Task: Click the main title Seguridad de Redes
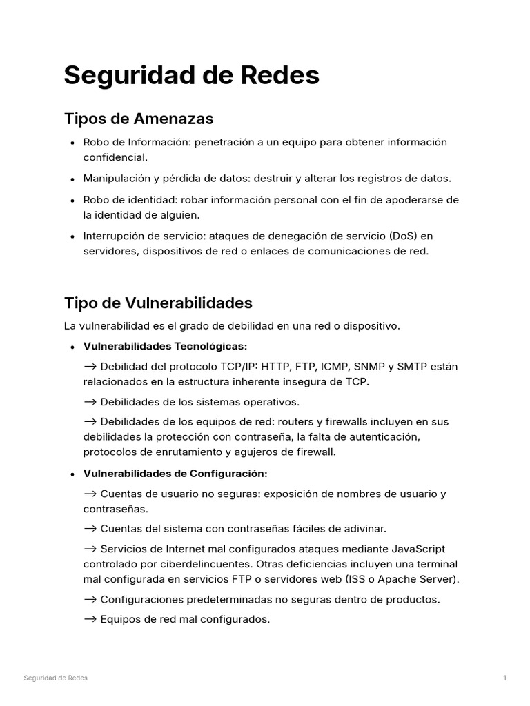191,76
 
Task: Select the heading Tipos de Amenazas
139,119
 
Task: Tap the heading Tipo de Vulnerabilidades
158,303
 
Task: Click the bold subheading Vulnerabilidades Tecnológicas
164,345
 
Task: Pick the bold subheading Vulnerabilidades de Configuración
175,474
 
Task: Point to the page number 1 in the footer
505,678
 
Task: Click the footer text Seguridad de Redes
55,678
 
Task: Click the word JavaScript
409,549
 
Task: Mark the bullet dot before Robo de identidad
72,201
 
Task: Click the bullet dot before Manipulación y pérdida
72,179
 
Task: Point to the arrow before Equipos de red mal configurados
90,619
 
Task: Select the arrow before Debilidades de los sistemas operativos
90,401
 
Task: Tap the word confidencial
115,157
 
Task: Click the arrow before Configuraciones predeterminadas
90,599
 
